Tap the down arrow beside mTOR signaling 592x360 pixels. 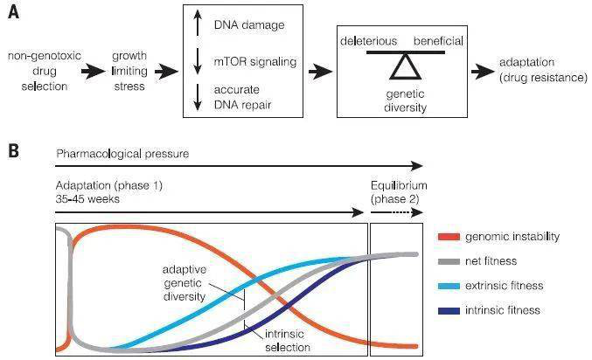(199, 61)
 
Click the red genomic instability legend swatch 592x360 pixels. (446, 237)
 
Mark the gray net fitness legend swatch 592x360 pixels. (446, 261)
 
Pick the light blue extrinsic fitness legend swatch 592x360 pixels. (446, 286)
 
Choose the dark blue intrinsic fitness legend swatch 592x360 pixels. (446, 310)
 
